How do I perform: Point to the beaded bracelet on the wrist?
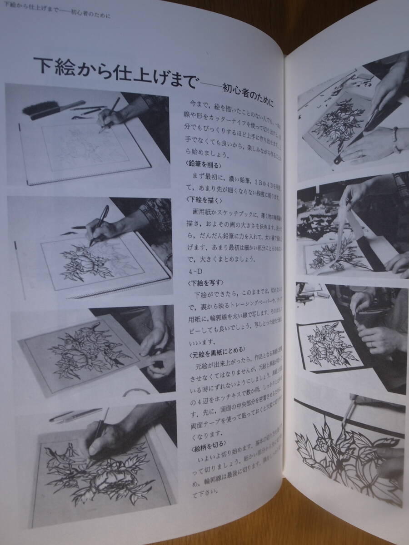(396, 139)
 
